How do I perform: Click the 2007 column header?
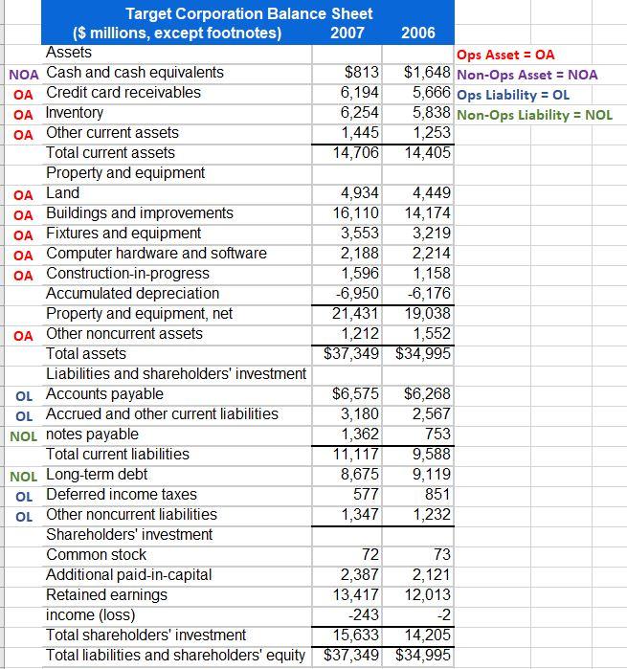[346, 33]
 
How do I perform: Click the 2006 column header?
[418, 33]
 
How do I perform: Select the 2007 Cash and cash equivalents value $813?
[362, 73]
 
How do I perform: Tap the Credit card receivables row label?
[123, 93]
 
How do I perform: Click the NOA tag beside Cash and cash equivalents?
[23, 73]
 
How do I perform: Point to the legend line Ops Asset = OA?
[505, 56]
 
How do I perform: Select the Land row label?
[63, 193]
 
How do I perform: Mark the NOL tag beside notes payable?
[23, 435]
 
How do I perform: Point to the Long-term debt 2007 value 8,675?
[360, 475]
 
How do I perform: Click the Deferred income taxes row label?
[122, 495]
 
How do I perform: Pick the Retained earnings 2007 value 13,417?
[355, 595]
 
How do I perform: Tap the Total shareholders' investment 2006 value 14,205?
[426, 636]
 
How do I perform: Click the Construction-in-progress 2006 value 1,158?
[431, 274]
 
